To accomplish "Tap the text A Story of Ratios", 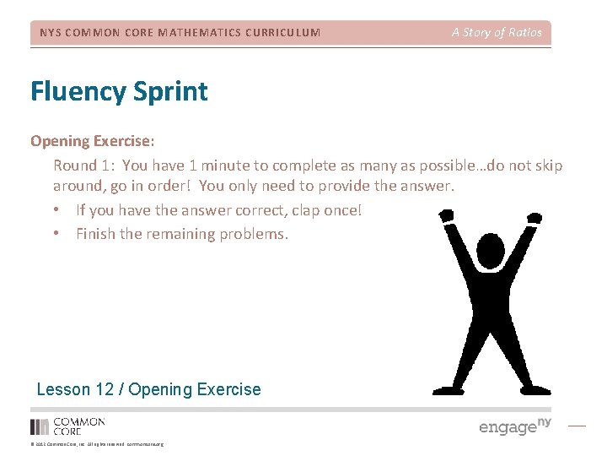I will pos(497,32).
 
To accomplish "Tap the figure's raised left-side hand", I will pos(446,216).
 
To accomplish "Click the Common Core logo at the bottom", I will pos(67,426).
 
